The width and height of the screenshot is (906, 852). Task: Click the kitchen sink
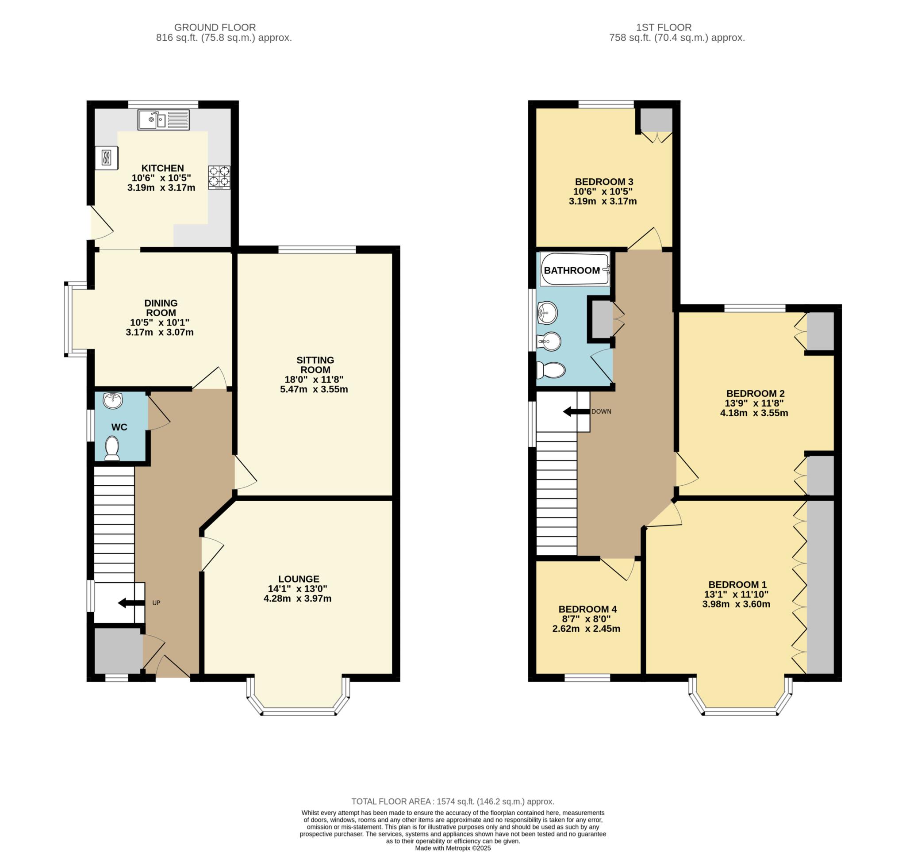(163, 120)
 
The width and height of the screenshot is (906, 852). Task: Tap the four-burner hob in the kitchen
(219, 177)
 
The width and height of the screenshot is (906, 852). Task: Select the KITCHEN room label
(162, 168)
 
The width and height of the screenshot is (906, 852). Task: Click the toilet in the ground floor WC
(112, 448)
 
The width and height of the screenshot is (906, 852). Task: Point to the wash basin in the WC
(112, 400)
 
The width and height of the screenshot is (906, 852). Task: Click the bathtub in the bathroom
(575, 269)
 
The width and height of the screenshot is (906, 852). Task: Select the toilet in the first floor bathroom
(550, 370)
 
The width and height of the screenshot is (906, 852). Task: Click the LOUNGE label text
(299, 579)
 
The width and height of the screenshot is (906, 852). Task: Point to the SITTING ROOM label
(315, 365)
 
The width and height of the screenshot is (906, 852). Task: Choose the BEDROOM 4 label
(587, 609)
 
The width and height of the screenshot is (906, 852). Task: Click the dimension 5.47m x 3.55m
(314, 390)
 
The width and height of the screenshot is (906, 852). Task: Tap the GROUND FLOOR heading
(215, 27)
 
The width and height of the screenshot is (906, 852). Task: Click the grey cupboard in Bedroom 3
(656, 120)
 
